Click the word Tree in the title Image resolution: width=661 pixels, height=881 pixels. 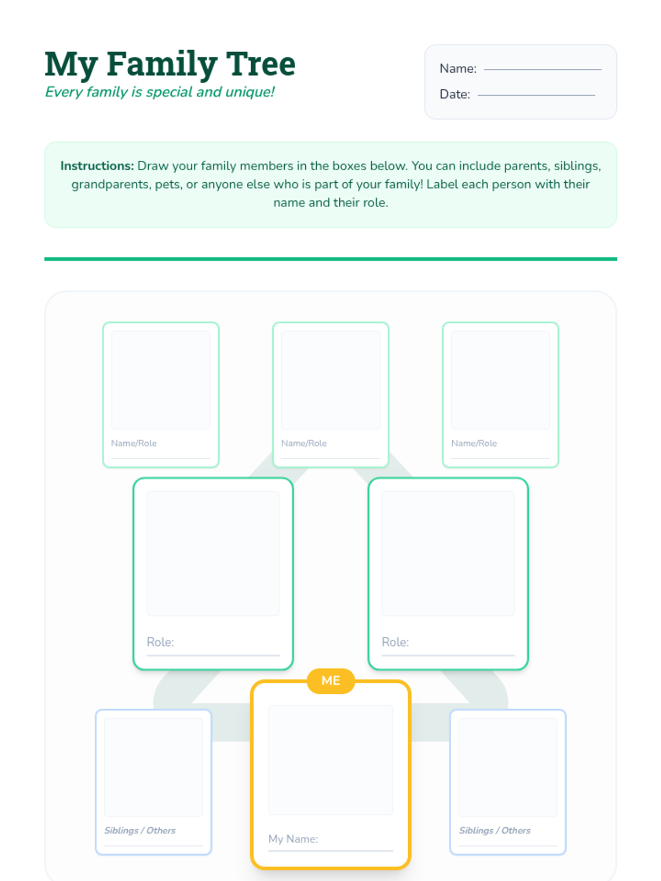pos(261,64)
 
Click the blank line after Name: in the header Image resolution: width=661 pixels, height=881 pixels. pos(542,69)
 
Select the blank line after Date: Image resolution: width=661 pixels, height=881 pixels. pos(536,95)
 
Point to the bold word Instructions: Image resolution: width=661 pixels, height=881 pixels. pos(97,166)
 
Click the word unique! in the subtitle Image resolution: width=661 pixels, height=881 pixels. pos(250,93)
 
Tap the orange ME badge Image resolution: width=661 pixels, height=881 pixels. pos(330,681)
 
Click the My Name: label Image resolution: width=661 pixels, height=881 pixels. pos(293,839)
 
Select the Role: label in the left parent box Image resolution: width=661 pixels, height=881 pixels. pos(160,642)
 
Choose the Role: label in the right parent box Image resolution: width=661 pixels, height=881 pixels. pos(395,642)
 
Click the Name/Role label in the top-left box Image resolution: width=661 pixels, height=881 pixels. pos(134,443)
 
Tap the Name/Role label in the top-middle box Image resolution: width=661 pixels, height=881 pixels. pos(304,443)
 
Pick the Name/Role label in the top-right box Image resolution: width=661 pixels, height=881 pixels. pos(474,443)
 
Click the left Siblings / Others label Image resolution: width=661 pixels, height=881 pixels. pos(140,830)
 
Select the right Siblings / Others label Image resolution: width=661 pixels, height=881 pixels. pos(495,830)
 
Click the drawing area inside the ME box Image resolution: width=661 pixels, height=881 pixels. pos(330,760)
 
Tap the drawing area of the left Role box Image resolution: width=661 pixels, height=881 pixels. pos(213,553)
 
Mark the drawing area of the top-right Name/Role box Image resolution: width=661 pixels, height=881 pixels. pos(501,380)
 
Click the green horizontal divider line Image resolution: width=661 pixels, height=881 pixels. pos(330,259)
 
